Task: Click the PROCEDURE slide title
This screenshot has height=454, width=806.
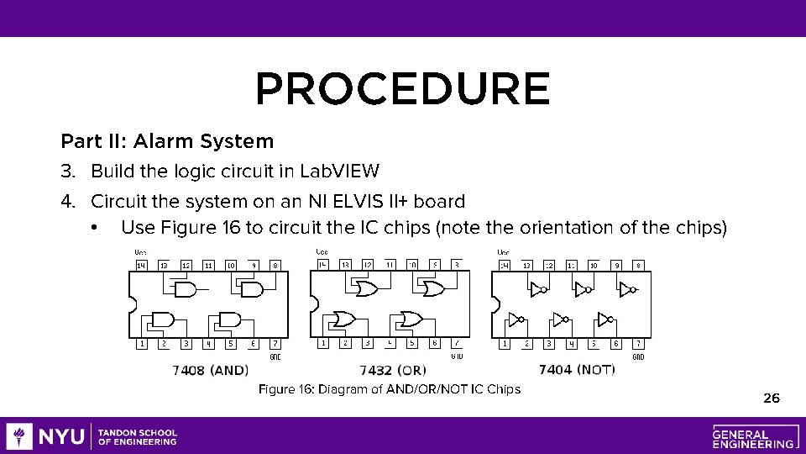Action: [402, 89]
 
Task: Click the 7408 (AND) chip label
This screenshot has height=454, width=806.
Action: [210, 370]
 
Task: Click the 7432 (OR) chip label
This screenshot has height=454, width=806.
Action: [393, 370]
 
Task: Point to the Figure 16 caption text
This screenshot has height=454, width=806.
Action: [390, 389]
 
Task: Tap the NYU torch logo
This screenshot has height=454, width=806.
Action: [18, 436]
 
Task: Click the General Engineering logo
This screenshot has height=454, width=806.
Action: [753, 436]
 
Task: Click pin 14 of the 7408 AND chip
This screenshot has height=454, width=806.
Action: [141, 265]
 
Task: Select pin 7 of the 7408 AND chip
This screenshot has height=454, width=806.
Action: [275, 343]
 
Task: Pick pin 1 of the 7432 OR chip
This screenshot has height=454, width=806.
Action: [323, 343]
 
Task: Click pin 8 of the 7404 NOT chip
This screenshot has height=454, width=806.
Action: [639, 265]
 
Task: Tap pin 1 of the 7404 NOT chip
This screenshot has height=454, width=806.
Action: [505, 343]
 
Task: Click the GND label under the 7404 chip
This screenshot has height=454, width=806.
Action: [638, 357]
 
